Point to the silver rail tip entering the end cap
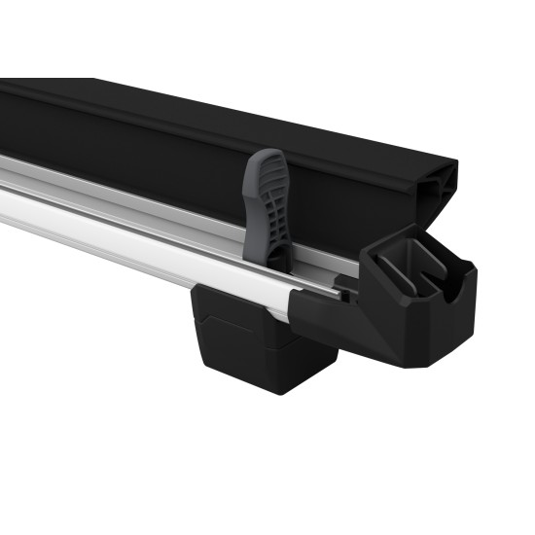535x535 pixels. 336,290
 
